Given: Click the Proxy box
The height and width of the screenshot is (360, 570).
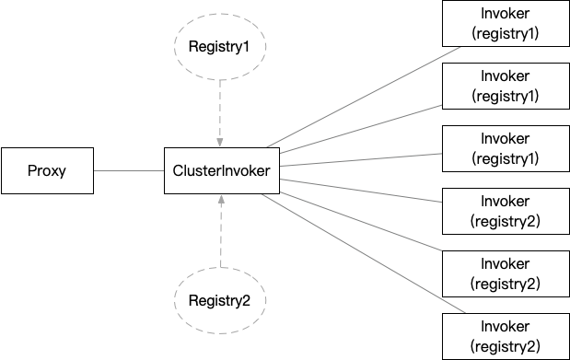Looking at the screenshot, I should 47,170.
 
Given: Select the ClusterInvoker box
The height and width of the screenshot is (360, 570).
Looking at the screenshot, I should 221,170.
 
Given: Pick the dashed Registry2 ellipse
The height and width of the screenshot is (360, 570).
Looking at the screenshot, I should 220,300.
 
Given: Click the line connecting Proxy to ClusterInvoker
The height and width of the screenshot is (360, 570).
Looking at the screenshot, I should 128,170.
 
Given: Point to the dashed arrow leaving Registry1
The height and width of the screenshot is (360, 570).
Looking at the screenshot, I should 220,106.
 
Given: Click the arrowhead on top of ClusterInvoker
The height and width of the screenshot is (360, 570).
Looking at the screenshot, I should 220,142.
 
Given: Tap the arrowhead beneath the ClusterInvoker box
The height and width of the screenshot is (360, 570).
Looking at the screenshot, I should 220,200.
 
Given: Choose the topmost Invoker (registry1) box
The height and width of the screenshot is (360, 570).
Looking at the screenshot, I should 505,24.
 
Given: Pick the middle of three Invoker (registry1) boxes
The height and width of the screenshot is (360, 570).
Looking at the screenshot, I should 505,87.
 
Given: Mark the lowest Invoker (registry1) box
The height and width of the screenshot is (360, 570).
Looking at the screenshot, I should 505,149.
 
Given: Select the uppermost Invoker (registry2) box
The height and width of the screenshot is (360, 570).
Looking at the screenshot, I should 505,211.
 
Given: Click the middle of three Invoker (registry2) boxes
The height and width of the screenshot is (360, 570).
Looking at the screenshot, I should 505,273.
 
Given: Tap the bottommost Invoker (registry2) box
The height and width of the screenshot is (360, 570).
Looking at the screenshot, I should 505,336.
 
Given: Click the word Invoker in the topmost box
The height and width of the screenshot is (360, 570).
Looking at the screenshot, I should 505,15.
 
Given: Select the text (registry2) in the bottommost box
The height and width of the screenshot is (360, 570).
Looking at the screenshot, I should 505,346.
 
